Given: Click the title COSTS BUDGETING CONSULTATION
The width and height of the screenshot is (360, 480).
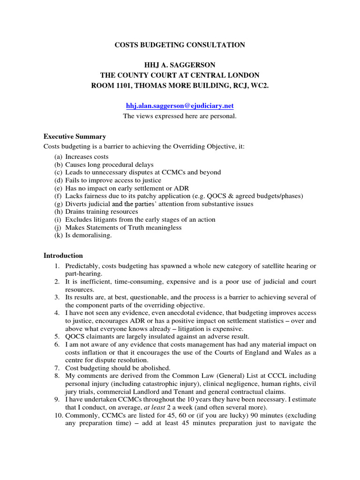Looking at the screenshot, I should [180, 45].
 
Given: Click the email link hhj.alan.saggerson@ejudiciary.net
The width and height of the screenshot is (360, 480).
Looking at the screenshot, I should [180, 106].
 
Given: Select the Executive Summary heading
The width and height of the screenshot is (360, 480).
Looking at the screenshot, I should [75, 137].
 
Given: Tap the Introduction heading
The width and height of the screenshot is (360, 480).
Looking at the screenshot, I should [63, 255].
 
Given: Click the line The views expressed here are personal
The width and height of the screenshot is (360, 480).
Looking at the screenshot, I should [180, 116].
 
